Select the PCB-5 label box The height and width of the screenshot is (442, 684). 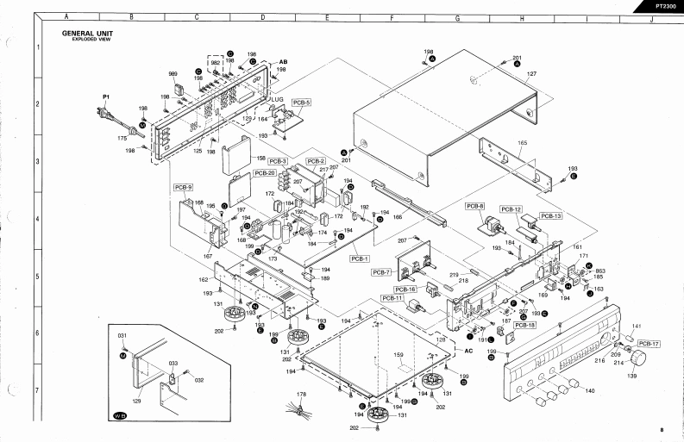coord(302,101)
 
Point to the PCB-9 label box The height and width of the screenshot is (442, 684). coord(183,187)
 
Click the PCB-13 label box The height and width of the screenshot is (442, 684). coord(551,215)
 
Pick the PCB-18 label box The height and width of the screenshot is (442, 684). coord(525,325)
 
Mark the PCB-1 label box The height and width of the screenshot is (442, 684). coord(360,258)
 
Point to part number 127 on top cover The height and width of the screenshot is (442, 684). coord(532,75)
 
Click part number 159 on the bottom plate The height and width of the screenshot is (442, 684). coord(398,354)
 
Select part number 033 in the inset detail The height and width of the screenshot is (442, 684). coord(173,364)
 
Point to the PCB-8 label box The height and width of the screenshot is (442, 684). coord(475,206)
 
